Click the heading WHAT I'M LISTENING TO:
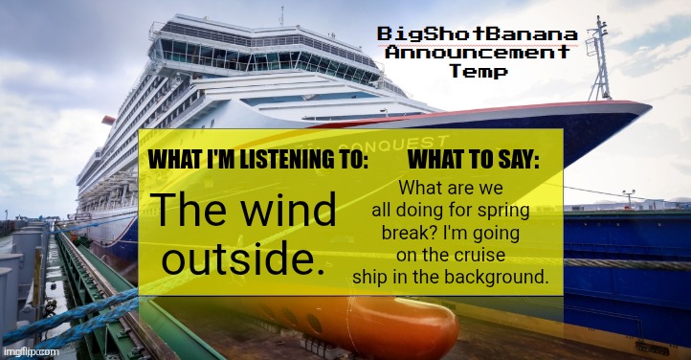(x=257, y=160)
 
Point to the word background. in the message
(x=501, y=277)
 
